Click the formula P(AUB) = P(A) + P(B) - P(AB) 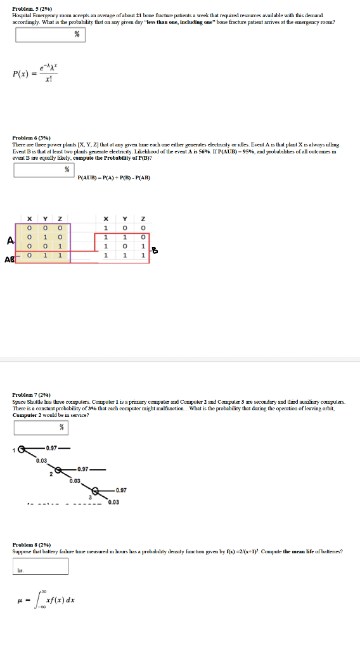pos(113,177)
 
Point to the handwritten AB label pos(10,259)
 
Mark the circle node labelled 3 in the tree pos(96,491)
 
